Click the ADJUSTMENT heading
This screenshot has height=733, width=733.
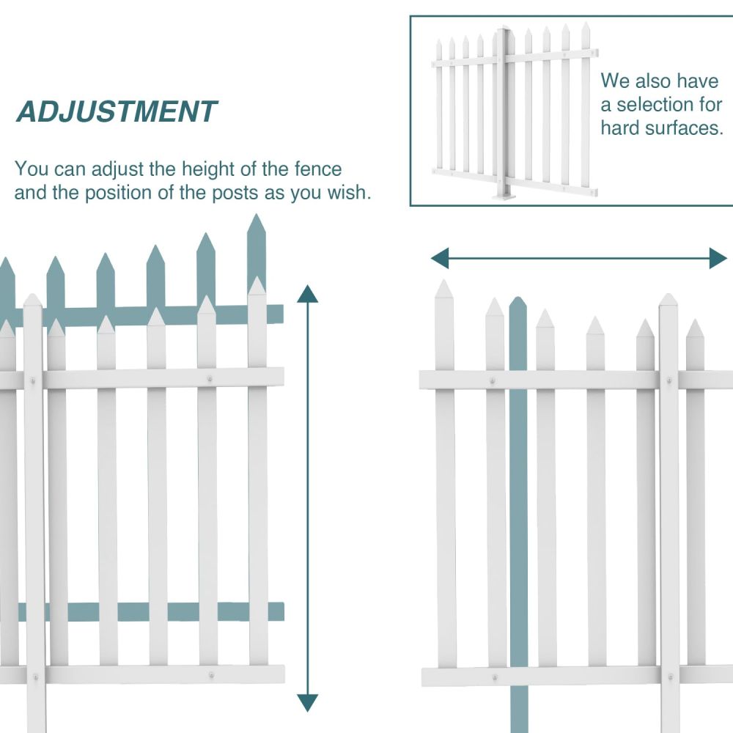click(117, 112)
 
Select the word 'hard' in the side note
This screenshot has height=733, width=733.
click(622, 128)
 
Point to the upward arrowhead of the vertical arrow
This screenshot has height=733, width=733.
click(308, 294)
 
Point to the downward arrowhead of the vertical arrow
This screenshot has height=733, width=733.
click(308, 702)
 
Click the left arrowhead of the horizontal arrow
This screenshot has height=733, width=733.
click(440, 258)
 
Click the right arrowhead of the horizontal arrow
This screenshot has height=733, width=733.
click(718, 258)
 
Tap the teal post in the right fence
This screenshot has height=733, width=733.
click(518, 513)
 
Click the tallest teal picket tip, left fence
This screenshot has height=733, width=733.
click(256, 224)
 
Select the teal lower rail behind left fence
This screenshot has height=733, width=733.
click(147, 611)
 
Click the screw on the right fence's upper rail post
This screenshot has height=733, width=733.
click(668, 380)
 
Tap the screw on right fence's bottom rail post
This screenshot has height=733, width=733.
click(668, 676)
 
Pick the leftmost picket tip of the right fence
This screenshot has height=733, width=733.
click(444, 287)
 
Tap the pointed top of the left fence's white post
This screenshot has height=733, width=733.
click(32, 300)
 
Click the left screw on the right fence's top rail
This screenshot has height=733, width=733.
click(493, 380)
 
